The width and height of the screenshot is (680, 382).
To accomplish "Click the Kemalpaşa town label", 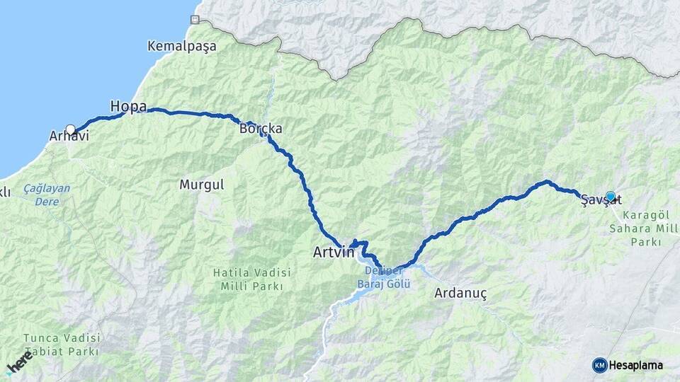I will point(182,46).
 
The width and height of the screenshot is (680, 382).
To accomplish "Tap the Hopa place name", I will point(128,106).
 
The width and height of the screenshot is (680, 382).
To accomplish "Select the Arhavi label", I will point(69,135).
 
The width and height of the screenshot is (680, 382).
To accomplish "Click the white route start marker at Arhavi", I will point(70,129).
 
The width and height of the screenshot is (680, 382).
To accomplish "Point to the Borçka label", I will point(261,129).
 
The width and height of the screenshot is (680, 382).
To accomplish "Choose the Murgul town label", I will point(201,185).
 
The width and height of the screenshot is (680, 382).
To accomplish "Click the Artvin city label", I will point(333,252).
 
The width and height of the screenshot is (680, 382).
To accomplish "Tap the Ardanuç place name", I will point(461,292).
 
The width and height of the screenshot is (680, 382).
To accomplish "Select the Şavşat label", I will point(601,201).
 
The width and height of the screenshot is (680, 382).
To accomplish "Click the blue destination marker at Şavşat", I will point(611,196).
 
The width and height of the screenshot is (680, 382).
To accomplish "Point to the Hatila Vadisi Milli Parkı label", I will point(248,279).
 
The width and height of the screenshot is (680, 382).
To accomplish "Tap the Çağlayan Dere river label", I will point(47,195).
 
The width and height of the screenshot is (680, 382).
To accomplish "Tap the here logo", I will point(19,361).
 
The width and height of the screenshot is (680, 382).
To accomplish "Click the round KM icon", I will point(599,365).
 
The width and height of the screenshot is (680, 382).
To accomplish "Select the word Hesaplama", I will point(636,365).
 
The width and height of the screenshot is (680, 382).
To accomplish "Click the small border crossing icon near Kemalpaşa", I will point(195,19).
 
